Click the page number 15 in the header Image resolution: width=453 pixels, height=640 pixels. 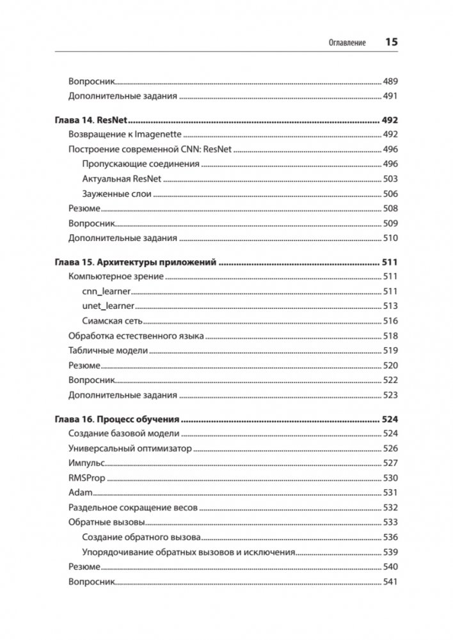click(x=391, y=42)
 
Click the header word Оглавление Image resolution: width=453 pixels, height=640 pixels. click(x=346, y=43)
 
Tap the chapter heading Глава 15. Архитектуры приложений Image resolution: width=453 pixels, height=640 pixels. click(x=137, y=262)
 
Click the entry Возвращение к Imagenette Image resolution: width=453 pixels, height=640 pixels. click(x=125, y=134)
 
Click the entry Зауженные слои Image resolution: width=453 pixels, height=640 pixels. click(x=116, y=194)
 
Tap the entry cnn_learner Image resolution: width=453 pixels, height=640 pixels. click(x=107, y=291)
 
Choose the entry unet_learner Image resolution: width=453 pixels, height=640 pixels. click(x=108, y=306)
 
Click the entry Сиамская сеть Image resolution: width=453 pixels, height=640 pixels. click(x=112, y=320)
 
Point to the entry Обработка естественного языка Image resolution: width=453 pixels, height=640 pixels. click(x=136, y=336)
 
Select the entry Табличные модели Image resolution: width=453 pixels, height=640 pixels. click(x=108, y=350)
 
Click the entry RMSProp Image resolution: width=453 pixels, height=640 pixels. click(x=86, y=478)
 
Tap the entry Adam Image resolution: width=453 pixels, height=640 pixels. click(x=80, y=492)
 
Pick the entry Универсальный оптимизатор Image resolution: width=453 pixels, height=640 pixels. click(x=130, y=448)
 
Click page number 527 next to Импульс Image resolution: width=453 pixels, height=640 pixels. click(x=390, y=463)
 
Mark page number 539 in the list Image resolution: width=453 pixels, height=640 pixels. click(x=390, y=552)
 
